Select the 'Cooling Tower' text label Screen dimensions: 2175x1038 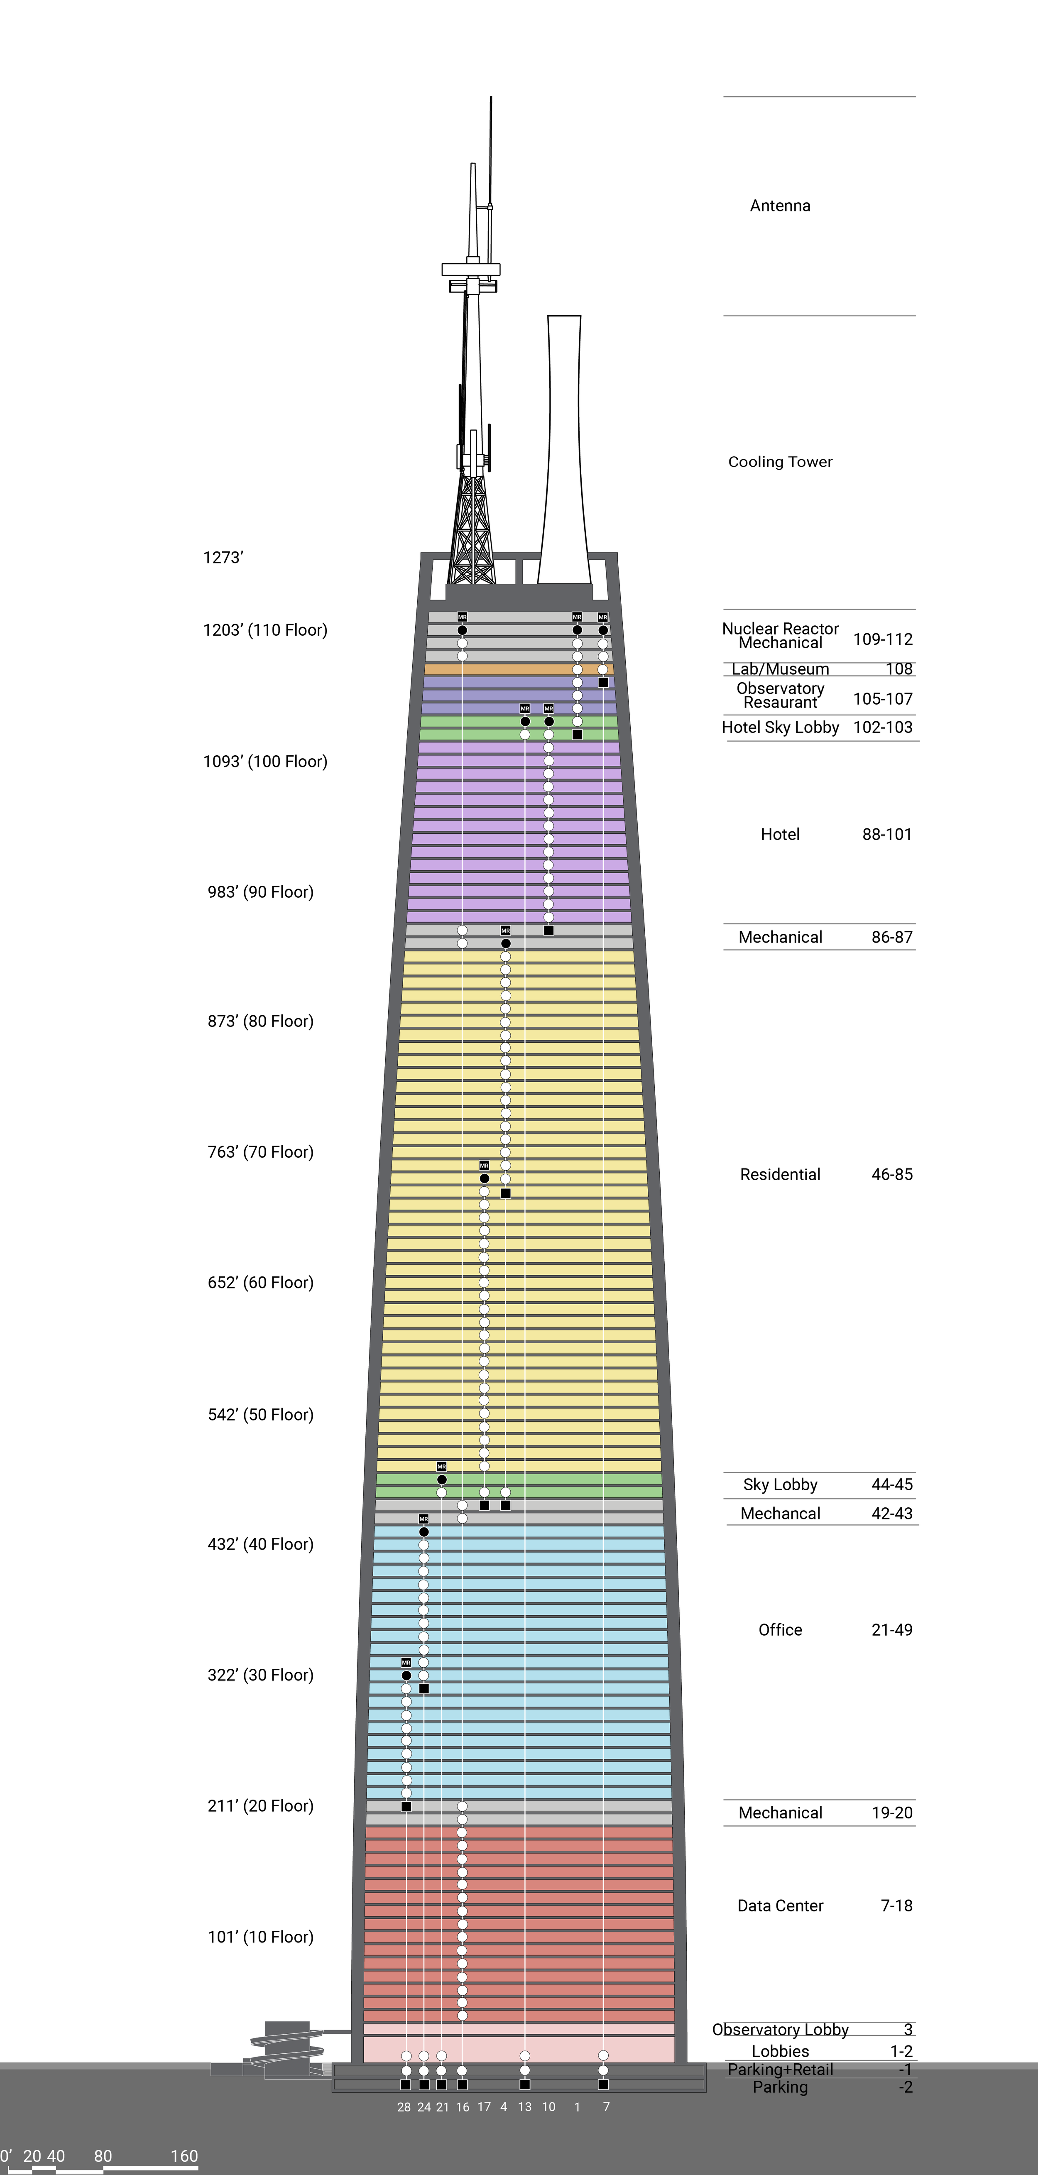click(780, 462)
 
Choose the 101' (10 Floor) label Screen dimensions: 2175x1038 click(260, 1937)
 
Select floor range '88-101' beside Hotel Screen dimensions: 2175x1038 click(887, 834)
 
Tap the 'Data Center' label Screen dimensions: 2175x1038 click(780, 1906)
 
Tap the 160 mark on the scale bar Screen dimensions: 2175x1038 click(184, 2155)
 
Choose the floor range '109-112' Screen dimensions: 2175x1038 click(883, 639)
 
